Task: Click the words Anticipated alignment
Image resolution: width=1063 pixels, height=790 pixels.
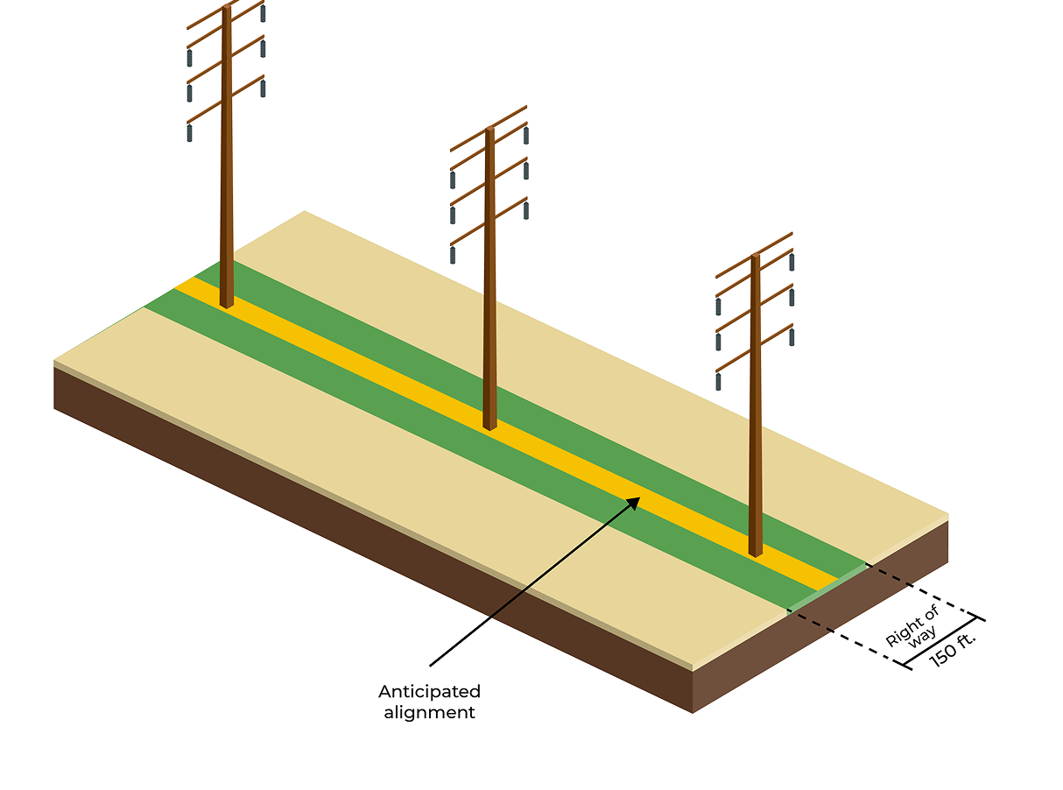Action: pyautogui.click(x=429, y=702)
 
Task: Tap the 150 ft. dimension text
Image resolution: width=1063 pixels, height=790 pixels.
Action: pyautogui.click(x=953, y=649)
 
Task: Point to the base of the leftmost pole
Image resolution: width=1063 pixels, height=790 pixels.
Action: pyautogui.click(x=226, y=303)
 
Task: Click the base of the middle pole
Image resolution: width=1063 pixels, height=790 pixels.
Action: pyautogui.click(x=489, y=426)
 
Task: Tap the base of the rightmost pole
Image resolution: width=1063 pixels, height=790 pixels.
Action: pyautogui.click(x=755, y=552)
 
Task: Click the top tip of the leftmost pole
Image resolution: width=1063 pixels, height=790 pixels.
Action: pyautogui.click(x=226, y=8)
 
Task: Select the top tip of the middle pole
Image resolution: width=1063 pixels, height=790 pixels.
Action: pyautogui.click(x=489, y=130)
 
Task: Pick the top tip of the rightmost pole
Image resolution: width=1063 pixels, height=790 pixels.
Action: pyautogui.click(x=755, y=257)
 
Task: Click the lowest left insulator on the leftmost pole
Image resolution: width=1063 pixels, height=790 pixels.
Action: pyautogui.click(x=189, y=133)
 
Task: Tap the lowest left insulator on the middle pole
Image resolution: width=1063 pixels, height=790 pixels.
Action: pyautogui.click(x=453, y=255)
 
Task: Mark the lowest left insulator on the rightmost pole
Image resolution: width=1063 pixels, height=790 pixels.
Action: pyautogui.click(x=718, y=381)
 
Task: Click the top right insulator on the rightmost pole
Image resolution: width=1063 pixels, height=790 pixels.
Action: pyautogui.click(x=792, y=262)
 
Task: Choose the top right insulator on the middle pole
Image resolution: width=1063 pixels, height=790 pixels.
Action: pyautogui.click(x=525, y=135)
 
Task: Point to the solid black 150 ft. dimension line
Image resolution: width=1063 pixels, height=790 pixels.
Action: pyautogui.click(x=944, y=643)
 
